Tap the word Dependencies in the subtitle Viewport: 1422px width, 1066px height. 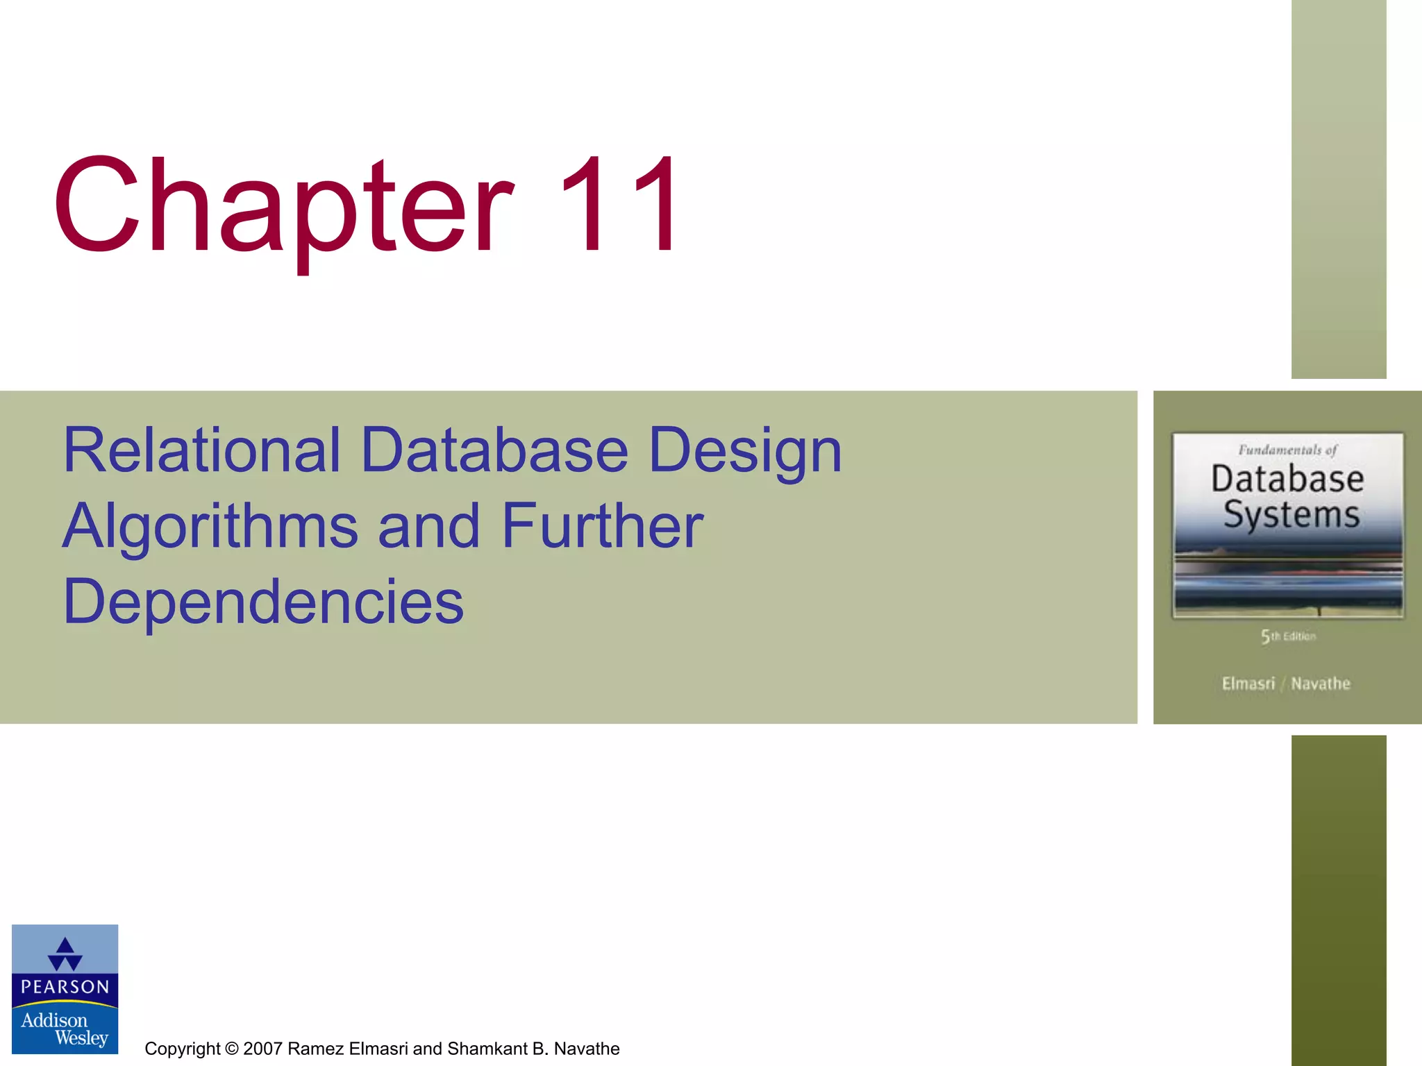point(263,602)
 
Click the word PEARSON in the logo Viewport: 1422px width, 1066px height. point(65,987)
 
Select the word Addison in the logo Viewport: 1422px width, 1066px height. point(54,1020)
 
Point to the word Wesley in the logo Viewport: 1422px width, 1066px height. point(81,1038)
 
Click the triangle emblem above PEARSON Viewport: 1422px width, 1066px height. point(65,954)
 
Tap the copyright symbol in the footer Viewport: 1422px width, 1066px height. point(231,1049)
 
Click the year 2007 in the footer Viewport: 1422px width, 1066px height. point(262,1049)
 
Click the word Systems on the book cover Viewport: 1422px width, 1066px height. point(1291,516)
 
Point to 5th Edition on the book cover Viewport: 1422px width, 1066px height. point(1288,636)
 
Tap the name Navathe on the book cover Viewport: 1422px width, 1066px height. point(1321,684)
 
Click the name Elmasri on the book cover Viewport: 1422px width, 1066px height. point(1248,684)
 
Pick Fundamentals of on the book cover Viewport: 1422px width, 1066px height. point(1287,450)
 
